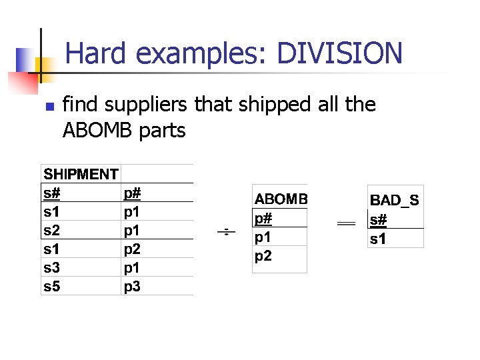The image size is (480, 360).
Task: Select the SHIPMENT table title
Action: coord(81,175)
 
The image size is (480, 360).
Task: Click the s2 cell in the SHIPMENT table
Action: coord(52,231)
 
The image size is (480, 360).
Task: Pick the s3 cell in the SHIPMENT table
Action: coord(52,268)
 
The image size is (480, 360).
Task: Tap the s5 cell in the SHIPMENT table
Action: coord(52,287)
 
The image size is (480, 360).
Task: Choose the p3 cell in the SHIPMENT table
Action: coord(132,287)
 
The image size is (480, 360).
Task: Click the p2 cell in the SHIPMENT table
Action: coord(132,249)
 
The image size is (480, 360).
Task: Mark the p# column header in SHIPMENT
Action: coord(132,193)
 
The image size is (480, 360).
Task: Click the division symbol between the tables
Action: coord(226,232)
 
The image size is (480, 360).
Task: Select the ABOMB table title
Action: coord(281,199)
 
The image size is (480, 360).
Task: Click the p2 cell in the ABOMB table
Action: coord(263,255)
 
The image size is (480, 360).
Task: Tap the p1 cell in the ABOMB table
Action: coord(263,237)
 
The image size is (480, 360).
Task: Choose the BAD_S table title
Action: coord(395,201)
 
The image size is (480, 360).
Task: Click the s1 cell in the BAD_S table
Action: coord(378,238)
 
